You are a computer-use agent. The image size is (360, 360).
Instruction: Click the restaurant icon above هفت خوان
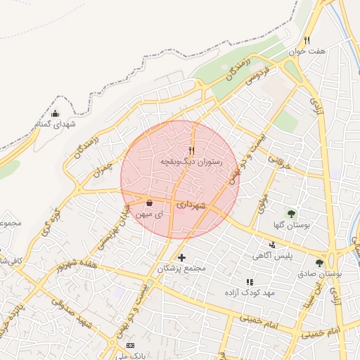307,40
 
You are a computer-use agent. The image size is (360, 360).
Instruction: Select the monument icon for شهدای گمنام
56,114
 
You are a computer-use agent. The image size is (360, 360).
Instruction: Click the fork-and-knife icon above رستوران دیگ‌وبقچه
191,150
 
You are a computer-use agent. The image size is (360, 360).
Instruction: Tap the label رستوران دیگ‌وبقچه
191,162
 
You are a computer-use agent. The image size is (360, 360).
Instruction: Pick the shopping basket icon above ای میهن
150,202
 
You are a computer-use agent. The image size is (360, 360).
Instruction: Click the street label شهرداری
191,205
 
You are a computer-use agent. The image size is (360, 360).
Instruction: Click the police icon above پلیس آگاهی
272,245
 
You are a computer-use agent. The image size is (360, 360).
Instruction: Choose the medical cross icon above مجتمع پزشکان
182,257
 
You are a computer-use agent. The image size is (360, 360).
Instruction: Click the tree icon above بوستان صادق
320,263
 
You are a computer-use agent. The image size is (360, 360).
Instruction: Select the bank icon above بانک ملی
129,346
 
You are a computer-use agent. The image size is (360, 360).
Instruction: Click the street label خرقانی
279,162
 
